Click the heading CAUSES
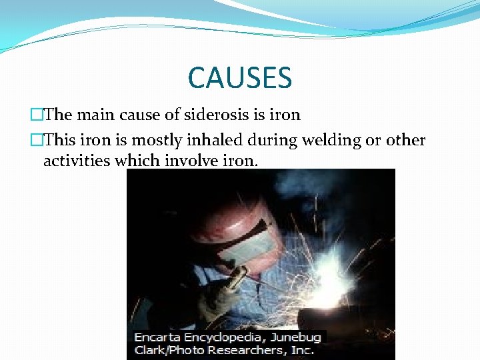240,77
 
